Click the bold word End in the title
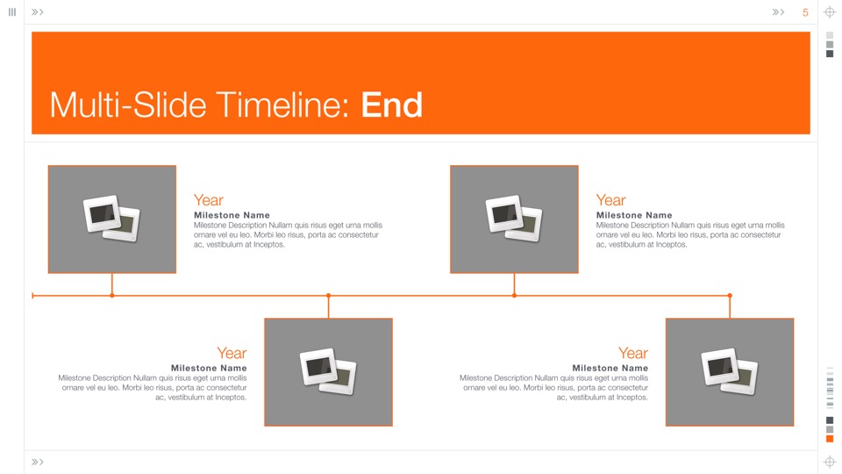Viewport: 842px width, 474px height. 391,104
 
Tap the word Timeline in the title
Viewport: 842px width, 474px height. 279,104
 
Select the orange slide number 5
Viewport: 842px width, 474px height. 805,12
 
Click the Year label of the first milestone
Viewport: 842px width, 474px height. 209,200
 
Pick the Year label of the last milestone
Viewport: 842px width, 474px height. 633,353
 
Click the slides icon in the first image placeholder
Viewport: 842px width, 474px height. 111,219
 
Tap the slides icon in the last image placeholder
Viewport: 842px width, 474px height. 729,371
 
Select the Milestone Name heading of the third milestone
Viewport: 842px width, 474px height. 634,215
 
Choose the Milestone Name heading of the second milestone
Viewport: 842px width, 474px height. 209,368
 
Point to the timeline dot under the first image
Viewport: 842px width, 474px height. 111,296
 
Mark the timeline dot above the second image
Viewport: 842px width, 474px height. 329,296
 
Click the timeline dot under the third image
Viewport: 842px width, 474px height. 515,296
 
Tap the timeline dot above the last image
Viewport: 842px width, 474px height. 730,296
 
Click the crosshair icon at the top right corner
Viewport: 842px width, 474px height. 830,12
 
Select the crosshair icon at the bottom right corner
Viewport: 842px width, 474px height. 830,462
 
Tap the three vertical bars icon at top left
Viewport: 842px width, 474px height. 11,11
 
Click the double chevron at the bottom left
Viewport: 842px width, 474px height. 37,462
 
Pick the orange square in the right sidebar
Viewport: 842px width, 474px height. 830,439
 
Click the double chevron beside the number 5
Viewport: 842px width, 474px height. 778,11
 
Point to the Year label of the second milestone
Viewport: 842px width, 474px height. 232,353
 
